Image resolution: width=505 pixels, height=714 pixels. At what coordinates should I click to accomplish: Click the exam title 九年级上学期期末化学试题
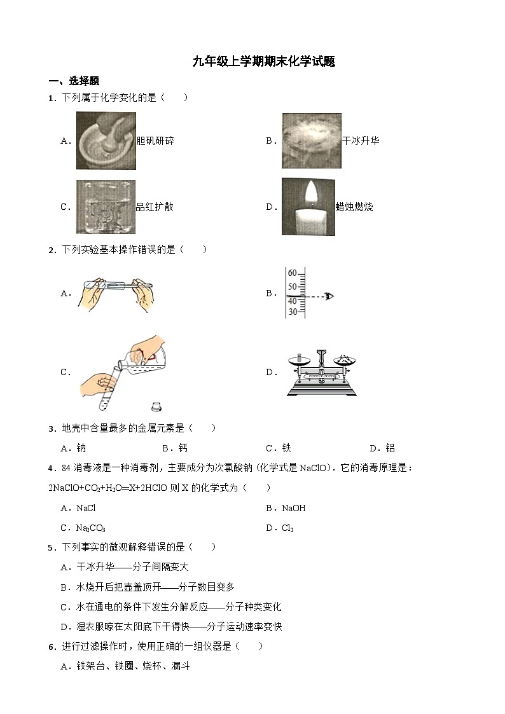click(x=264, y=62)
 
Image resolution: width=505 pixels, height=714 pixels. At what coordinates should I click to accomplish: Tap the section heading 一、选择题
click(x=74, y=81)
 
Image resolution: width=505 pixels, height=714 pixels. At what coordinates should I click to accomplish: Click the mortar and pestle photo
click(x=106, y=141)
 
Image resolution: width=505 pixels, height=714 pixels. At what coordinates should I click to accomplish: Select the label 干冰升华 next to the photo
click(x=361, y=141)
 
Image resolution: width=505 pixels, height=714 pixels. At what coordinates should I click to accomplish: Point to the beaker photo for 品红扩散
click(x=106, y=207)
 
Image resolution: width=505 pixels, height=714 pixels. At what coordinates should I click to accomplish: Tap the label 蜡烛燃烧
click(x=354, y=207)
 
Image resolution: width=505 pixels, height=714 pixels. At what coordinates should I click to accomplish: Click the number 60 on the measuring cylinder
click(x=293, y=273)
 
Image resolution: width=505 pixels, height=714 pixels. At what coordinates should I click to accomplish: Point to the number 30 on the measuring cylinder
click(x=293, y=312)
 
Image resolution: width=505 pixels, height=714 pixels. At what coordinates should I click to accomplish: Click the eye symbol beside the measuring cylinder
click(x=329, y=296)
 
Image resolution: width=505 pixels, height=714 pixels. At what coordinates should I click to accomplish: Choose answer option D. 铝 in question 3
click(x=382, y=448)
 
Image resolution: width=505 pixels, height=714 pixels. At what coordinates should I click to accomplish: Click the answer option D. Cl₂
click(x=280, y=528)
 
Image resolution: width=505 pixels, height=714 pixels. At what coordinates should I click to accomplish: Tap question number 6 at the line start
click(x=52, y=647)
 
